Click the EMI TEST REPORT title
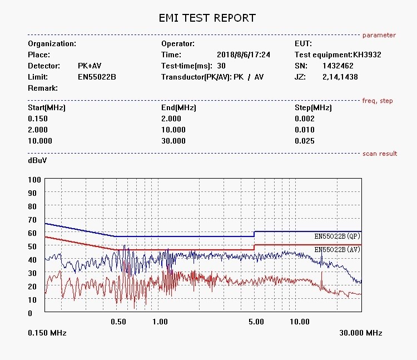[x=207, y=18]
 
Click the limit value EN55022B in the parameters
[x=97, y=77]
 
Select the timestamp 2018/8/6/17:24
[x=244, y=55]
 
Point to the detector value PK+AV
[x=90, y=66]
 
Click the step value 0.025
[x=304, y=141]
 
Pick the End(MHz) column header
[x=178, y=107]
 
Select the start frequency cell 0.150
[x=38, y=119]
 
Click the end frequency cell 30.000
[x=173, y=141]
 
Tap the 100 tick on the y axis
[x=34, y=180]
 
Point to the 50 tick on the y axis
[x=32, y=246]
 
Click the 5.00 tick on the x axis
[x=256, y=322]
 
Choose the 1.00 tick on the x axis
[x=160, y=322]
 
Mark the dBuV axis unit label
[x=37, y=160]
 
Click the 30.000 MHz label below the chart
[x=360, y=333]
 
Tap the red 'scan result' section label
[x=380, y=154]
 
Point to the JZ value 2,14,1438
[x=340, y=77]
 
